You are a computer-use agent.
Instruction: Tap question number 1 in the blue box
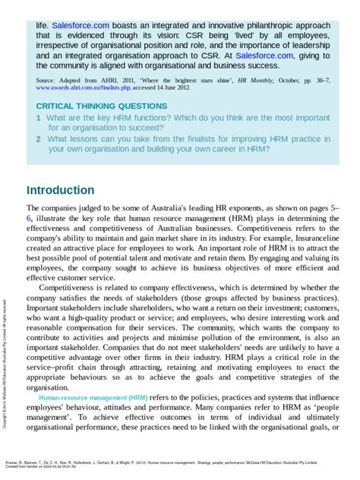click(x=39, y=118)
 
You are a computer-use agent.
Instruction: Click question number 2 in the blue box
click(x=39, y=139)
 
